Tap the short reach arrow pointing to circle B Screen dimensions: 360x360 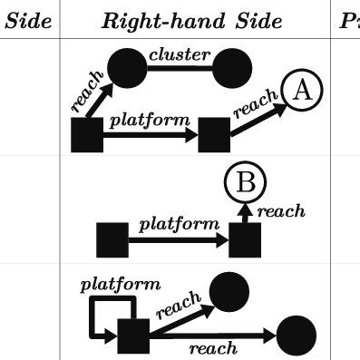[x=243, y=214]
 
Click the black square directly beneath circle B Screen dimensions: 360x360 [x=245, y=240]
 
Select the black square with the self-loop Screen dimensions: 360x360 [x=133, y=336]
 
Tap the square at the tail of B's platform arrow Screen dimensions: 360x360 [x=112, y=240]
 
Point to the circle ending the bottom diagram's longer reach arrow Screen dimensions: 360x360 [x=295, y=336]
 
